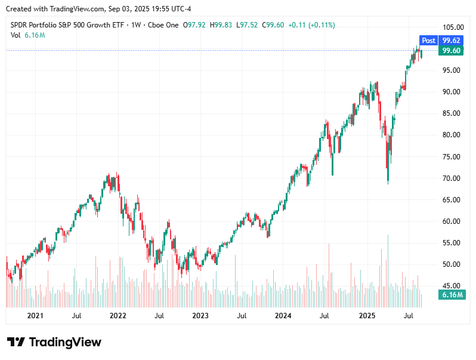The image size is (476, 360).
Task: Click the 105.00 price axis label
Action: click(x=453, y=27)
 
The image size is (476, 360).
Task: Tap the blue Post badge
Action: click(x=428, y=41)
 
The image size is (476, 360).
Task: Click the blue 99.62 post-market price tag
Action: click(x=451, y=41)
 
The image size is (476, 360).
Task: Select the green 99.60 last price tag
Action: click(x=451, y=51)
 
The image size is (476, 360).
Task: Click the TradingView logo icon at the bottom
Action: click(x=16, y=342)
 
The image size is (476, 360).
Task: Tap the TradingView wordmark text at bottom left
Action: click(x=65, y=342)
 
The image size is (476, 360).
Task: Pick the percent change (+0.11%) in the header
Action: click(x=319, y=25)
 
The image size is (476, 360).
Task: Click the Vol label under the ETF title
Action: click(x=16, y=35)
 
